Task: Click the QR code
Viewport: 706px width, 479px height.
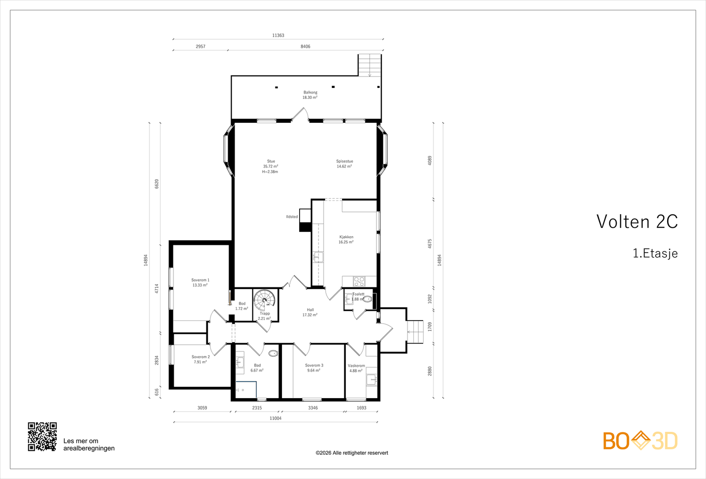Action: pos(42,437)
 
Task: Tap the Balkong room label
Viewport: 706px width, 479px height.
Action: pos(310,92)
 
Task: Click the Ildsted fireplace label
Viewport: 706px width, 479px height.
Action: pos(292,217)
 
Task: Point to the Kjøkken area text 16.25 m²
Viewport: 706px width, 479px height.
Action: pos(346,242)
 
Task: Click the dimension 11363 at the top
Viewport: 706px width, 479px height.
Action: pos(278,35)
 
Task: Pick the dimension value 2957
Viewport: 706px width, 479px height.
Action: pos(200,46)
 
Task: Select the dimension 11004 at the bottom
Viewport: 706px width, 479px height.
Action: pos(275,418)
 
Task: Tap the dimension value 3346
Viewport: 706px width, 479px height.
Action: pos(313,408)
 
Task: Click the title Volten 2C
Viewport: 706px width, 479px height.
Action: pos(637,222)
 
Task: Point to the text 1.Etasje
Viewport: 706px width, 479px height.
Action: pos(655,253)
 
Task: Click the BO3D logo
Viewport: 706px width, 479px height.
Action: pos(640,441)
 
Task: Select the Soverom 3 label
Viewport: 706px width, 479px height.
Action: pos(314,365)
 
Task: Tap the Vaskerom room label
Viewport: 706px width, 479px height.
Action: pos(356,366)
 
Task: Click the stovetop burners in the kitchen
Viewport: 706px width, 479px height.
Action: pos(359,281)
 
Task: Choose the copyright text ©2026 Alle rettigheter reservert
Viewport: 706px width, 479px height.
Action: pos(352,453)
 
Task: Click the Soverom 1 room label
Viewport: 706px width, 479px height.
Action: pos(200,280)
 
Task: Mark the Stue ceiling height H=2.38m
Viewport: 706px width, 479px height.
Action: pos(270,172)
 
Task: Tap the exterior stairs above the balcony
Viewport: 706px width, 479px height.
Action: pos(369,65)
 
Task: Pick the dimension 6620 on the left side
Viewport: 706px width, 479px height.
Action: pos(157,184)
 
